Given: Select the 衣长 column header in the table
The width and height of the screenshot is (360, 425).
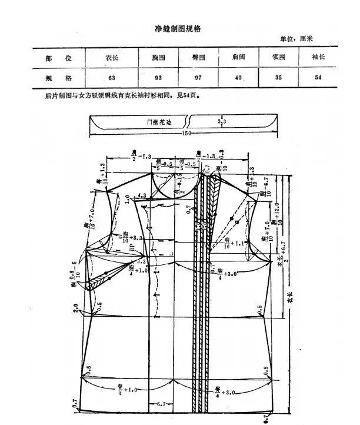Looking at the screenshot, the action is pyautogui.click(x=112, y=58).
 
